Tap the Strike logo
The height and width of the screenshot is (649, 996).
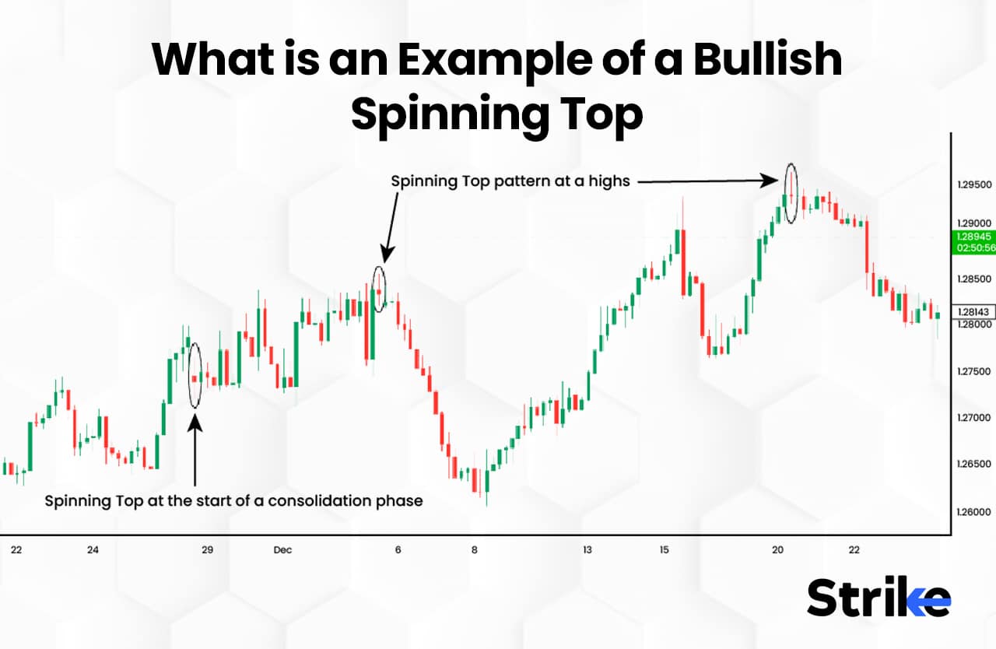[879, 598]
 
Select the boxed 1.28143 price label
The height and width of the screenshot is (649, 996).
[973, 312]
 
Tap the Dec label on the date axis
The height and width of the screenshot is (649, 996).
[282, 550]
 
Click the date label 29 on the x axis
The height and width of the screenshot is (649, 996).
[207, 550]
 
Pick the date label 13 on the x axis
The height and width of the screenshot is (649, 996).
[587, 550]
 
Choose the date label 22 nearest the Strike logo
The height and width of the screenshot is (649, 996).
[854, 550]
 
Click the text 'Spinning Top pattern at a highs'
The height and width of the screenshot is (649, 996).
[510, 181]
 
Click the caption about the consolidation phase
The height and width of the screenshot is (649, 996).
[233, 501]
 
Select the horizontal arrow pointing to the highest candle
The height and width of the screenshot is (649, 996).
[708, 182]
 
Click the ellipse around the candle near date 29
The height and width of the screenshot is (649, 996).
[195, 374]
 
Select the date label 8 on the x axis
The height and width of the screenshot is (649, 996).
[474, 550]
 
